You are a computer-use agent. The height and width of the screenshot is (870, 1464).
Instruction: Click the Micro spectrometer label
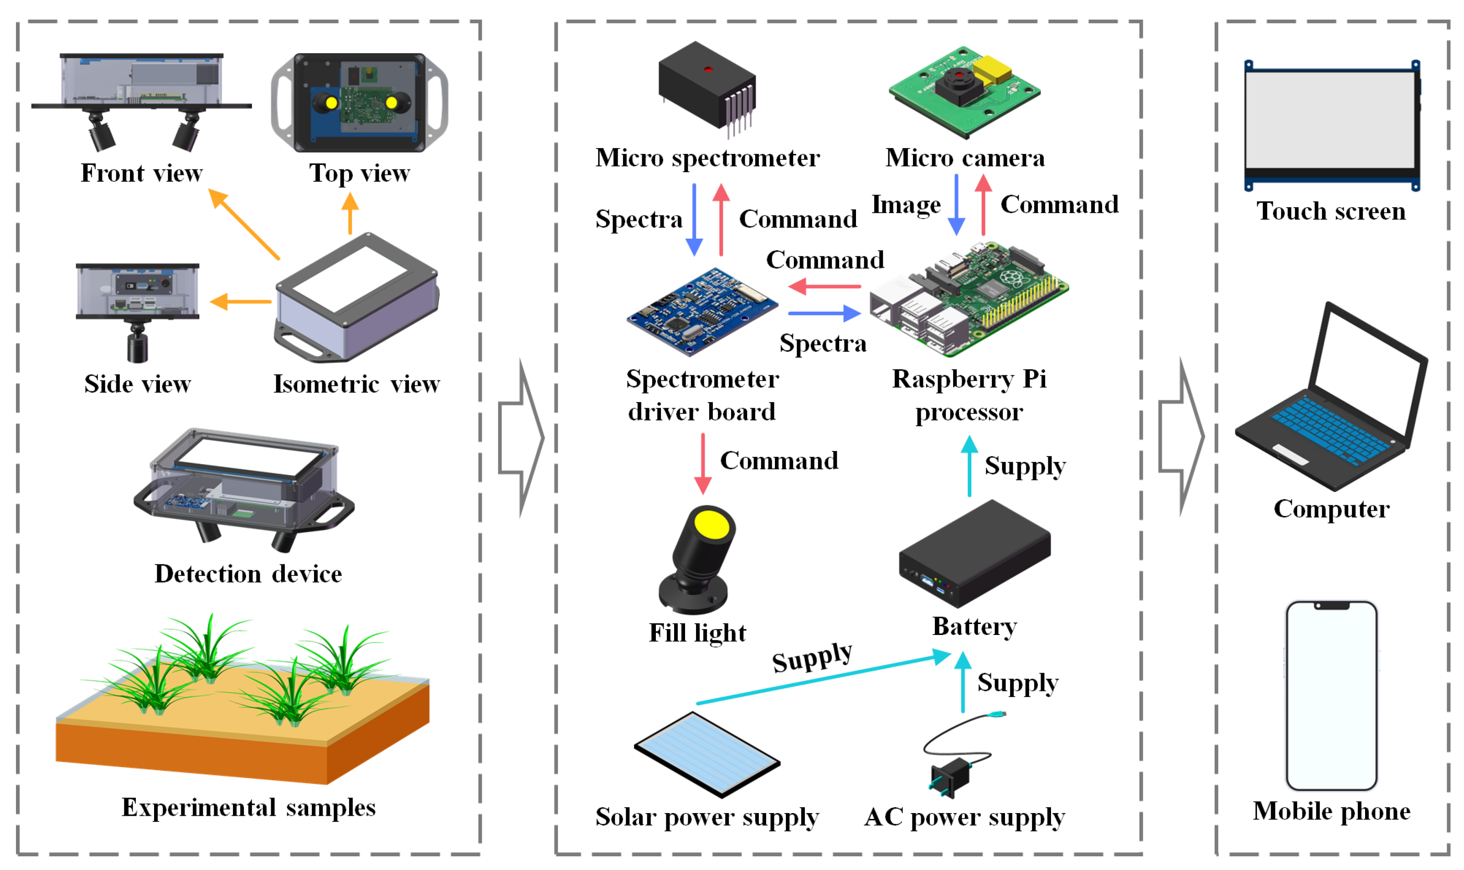coord(707,159)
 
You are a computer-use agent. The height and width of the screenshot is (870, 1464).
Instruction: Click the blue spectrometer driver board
coord(701,311)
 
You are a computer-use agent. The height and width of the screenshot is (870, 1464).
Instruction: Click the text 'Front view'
coord(141,174)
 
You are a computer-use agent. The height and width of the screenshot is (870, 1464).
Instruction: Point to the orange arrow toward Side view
coord(241,302)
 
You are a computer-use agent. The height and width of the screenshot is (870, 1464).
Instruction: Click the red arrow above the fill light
coord(703,464)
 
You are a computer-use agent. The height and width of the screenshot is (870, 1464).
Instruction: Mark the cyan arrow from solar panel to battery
coord(821,680)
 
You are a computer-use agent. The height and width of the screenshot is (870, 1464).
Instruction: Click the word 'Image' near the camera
coord(906,205)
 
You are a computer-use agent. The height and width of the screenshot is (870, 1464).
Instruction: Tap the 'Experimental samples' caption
coord(249,808)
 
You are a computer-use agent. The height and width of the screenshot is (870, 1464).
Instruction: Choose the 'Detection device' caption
coord(248,574)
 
